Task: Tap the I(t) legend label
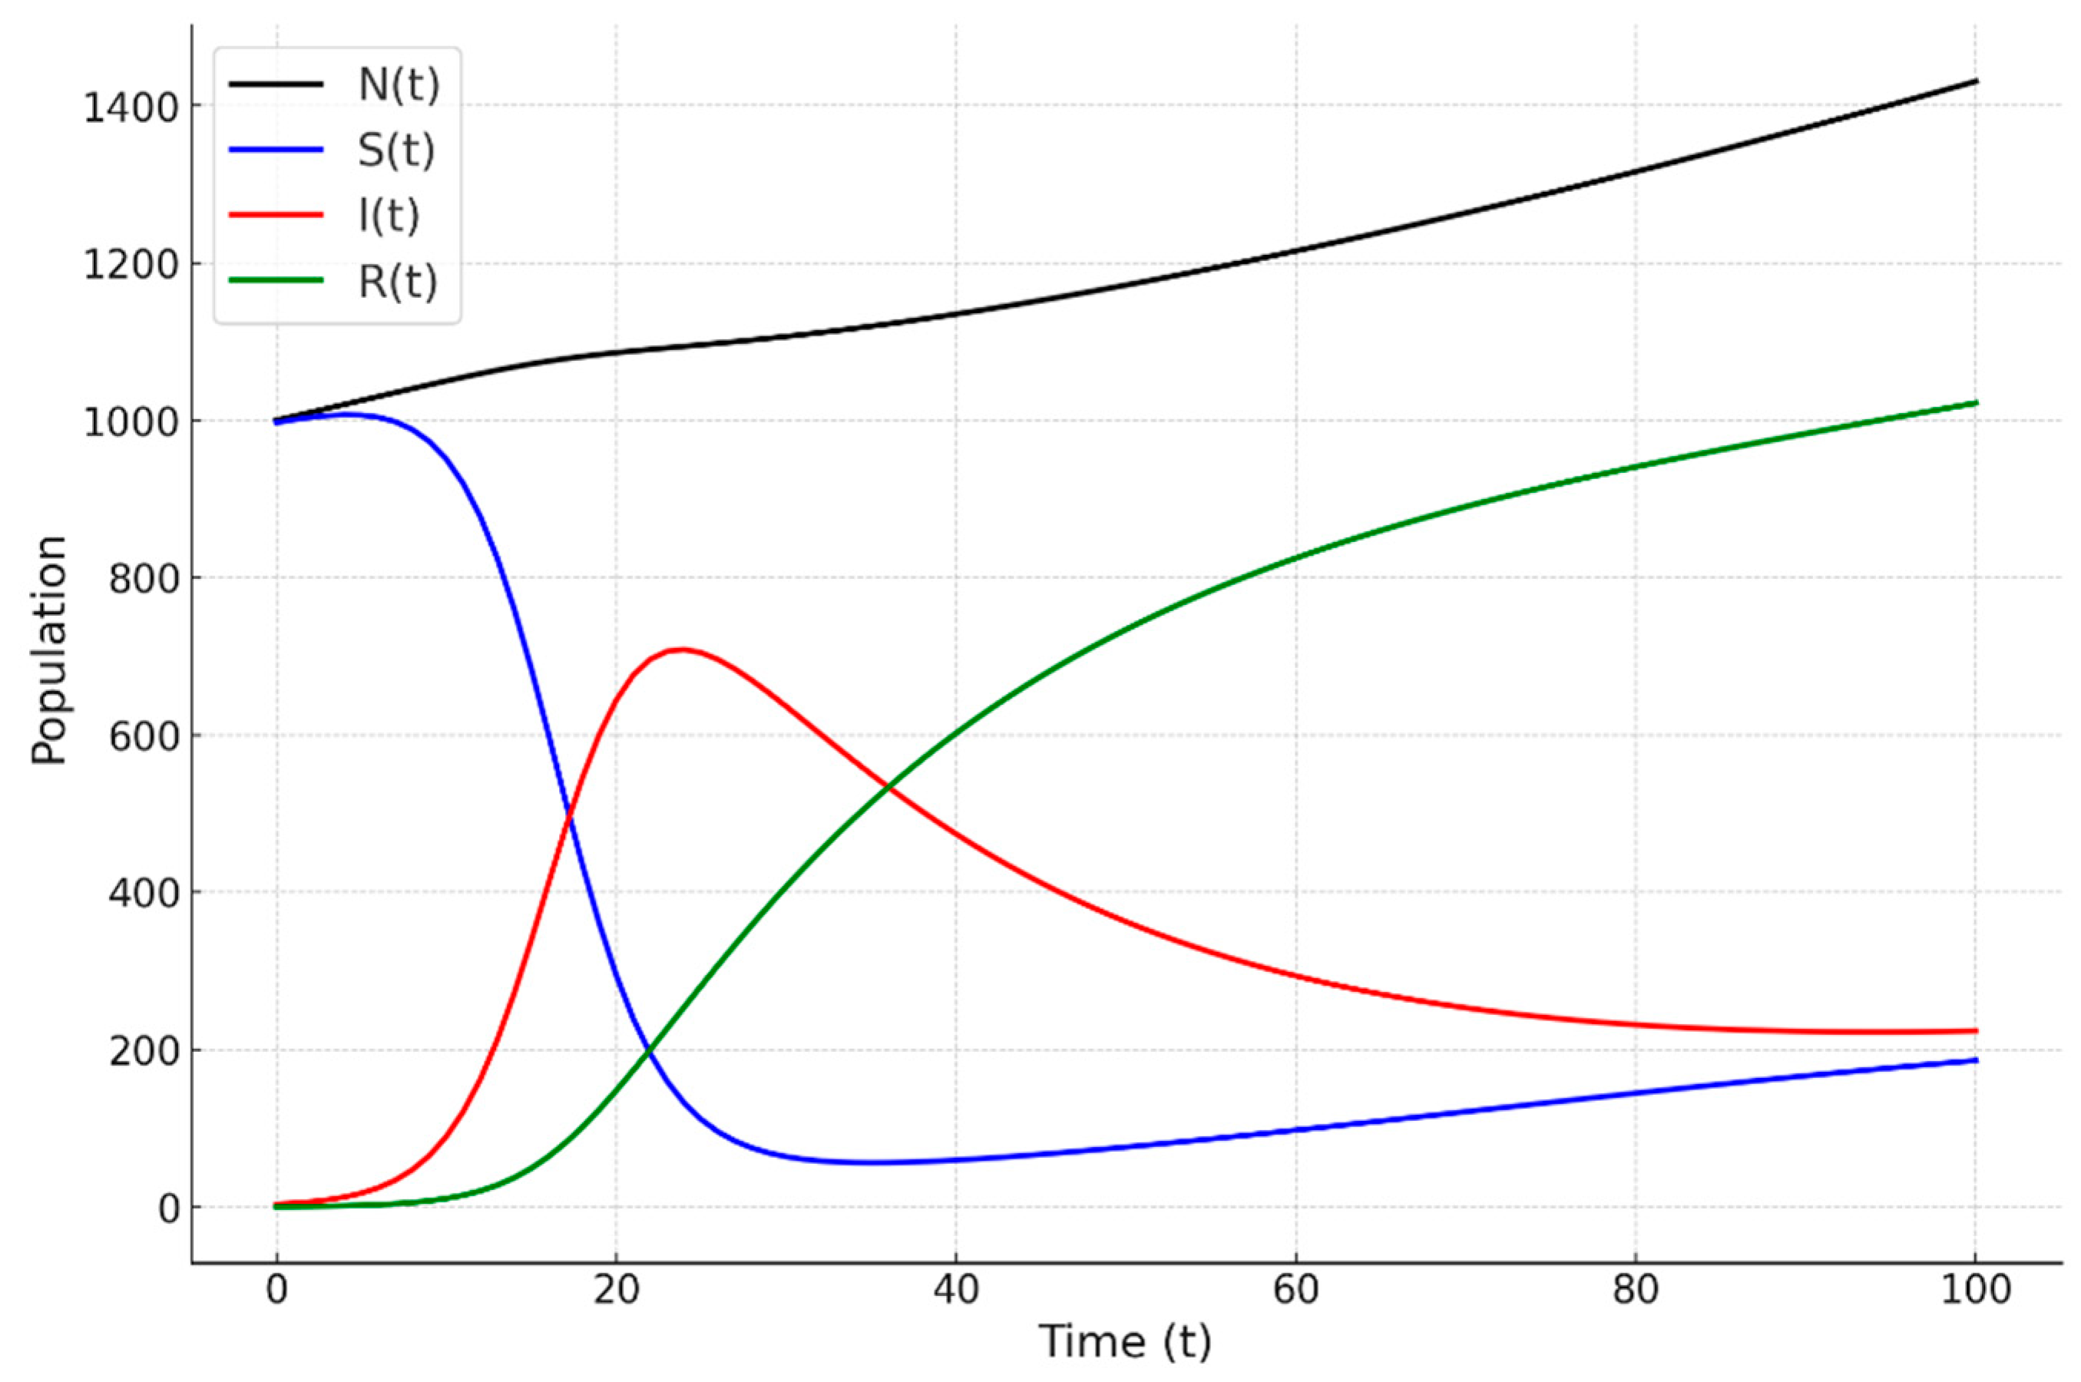coord(389,216)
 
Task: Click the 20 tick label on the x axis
coord(615,1289)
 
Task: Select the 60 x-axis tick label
coord(1295,1289)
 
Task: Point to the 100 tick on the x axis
coord(1974,1289)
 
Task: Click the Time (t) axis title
coord(1126,1341)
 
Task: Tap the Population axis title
coord(49,650)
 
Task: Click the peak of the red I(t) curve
coord(681,650)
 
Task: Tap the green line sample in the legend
coord(276,280)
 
